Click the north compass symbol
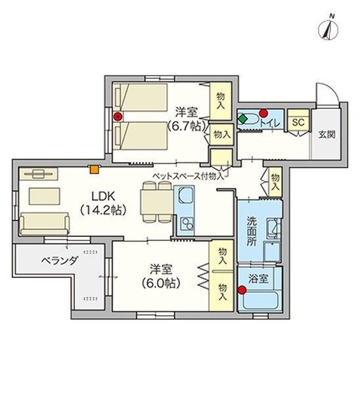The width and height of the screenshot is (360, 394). point(328,30)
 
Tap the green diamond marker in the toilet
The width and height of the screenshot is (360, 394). point(242,119)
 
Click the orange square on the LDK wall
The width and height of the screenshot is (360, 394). point(95,169)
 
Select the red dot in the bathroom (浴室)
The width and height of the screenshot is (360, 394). point(242,290)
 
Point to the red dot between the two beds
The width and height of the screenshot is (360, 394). point(118,116)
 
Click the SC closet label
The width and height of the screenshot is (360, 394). point(298,122)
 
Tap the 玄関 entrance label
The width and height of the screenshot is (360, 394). point(326,135)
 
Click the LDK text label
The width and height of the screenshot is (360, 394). point(103,196)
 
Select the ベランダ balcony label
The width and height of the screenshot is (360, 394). point(60,261)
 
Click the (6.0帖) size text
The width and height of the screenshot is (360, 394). point(161,283)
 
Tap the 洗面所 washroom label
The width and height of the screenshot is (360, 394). point(252,231)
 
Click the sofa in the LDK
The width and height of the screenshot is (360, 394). point(44,224)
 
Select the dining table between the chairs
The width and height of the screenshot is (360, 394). point(156,202)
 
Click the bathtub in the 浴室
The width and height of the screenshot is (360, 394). point(260,301)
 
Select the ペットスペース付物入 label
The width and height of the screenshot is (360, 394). point(188,176)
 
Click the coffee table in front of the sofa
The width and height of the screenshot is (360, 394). point(44,196)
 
